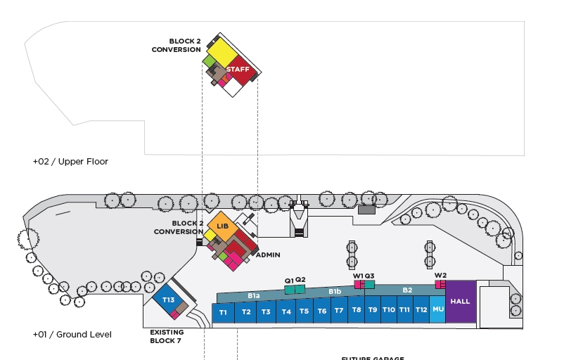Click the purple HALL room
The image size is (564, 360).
tap(460, 302)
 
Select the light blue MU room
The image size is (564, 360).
tap(437, 309)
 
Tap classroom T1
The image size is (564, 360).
tap(223, 313)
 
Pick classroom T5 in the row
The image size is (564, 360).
tap(304, 311)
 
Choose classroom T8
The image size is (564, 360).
tap(357, 310)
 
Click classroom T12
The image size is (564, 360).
tap(421, 309)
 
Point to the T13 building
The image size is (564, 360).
tap(168, 300)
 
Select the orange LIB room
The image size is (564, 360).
tap(222, 226)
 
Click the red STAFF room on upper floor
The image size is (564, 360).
tap(238, 69)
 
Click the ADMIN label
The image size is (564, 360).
tap(268, 255)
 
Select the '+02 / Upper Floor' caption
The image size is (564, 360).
tap(70, 162)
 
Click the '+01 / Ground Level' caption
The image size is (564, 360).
tap(72, 335)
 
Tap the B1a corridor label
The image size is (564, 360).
tap(253, 296)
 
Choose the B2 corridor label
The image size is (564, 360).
tap(407, 290)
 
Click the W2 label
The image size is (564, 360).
tap(440, 275)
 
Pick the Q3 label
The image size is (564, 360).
tap(369, 276)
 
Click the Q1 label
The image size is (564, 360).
tap(288, 281)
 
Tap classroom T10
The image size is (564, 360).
tap(388, 309)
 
